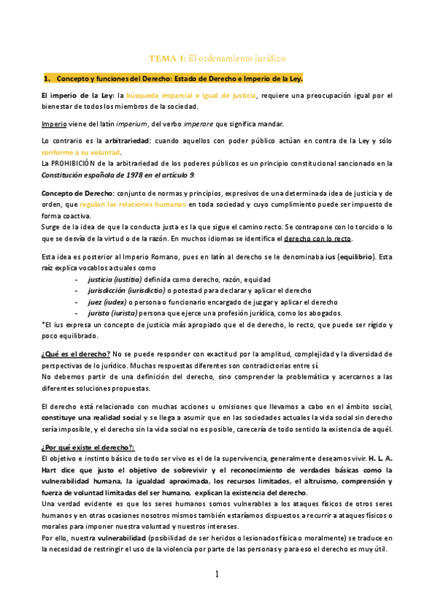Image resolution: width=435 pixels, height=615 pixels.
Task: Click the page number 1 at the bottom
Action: tap(217, 574)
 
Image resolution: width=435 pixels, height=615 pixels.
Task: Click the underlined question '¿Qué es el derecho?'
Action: tap(75, 353)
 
